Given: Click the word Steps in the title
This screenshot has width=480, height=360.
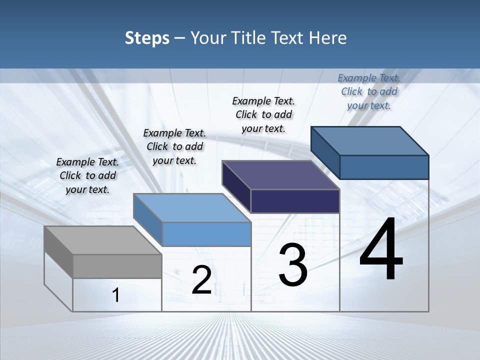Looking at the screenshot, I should tap(147, 38).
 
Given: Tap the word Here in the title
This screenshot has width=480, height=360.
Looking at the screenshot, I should tap(328, 38).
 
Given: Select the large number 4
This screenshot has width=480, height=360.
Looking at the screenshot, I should tap(381, 249).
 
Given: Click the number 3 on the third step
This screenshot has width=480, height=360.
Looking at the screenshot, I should tap(293, 265).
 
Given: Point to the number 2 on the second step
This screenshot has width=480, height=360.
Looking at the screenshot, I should tap(201, 280).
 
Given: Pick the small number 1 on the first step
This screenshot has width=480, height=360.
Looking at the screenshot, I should tap(116, 295).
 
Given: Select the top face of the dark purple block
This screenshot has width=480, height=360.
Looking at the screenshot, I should tap(280, 175).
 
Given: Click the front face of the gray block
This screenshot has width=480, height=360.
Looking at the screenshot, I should tap(117, 266).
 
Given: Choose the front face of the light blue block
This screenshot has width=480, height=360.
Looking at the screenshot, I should tap(206, 234).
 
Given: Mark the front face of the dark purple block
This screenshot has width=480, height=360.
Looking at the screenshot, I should tap(295, 201).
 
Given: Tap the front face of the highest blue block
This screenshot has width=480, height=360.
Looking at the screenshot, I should tap(384, 167).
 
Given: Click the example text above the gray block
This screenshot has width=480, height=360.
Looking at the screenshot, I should tap(87, 175).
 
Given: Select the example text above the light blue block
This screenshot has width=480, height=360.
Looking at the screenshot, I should tap(174, 146).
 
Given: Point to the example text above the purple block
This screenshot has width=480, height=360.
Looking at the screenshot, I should tap(263, 114).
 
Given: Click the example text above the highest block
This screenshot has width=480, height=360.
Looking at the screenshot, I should tap(369, 91).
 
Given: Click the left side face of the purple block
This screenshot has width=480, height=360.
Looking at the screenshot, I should tap(236, 186).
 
